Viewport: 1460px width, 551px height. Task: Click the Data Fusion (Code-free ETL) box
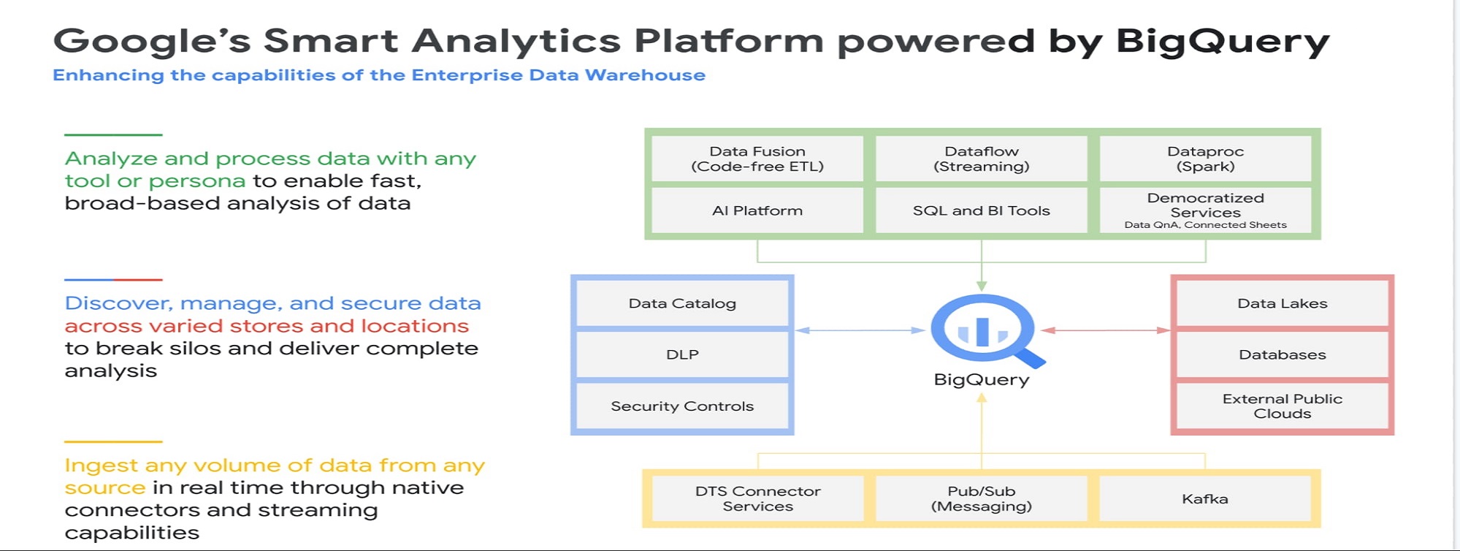tap(757, 159)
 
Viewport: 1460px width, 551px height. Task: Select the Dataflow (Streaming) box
tap(982, 159)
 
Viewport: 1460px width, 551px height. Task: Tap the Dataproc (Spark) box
tap(1205, 159)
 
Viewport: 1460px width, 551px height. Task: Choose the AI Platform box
tap(757, 210)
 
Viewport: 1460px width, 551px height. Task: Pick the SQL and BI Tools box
tap(982, 210)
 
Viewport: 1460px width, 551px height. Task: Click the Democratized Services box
tap(1205, 210)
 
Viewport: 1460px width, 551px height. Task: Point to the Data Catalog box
tap(682, 303)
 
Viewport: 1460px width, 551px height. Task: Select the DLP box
tap(682, 354)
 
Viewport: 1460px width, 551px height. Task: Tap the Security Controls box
tap(682, 406)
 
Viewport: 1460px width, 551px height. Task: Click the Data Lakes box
tap(1283, 303)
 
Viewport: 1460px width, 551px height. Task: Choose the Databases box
tap(1283, 354)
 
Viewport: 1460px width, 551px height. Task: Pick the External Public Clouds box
tap(1283, 406)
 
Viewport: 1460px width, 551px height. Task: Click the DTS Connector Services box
tap(757, 498)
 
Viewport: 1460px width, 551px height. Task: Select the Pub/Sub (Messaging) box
tap(982, 498)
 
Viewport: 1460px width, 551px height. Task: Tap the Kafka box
tap(1205, 498)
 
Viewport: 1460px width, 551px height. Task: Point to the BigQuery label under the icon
tap(982, 380)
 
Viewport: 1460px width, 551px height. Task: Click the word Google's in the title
tap(152, 41)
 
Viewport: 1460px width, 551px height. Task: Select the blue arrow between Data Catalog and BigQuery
tap(860, 330)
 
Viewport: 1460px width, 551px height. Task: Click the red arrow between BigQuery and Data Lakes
tap(1106, 330)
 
